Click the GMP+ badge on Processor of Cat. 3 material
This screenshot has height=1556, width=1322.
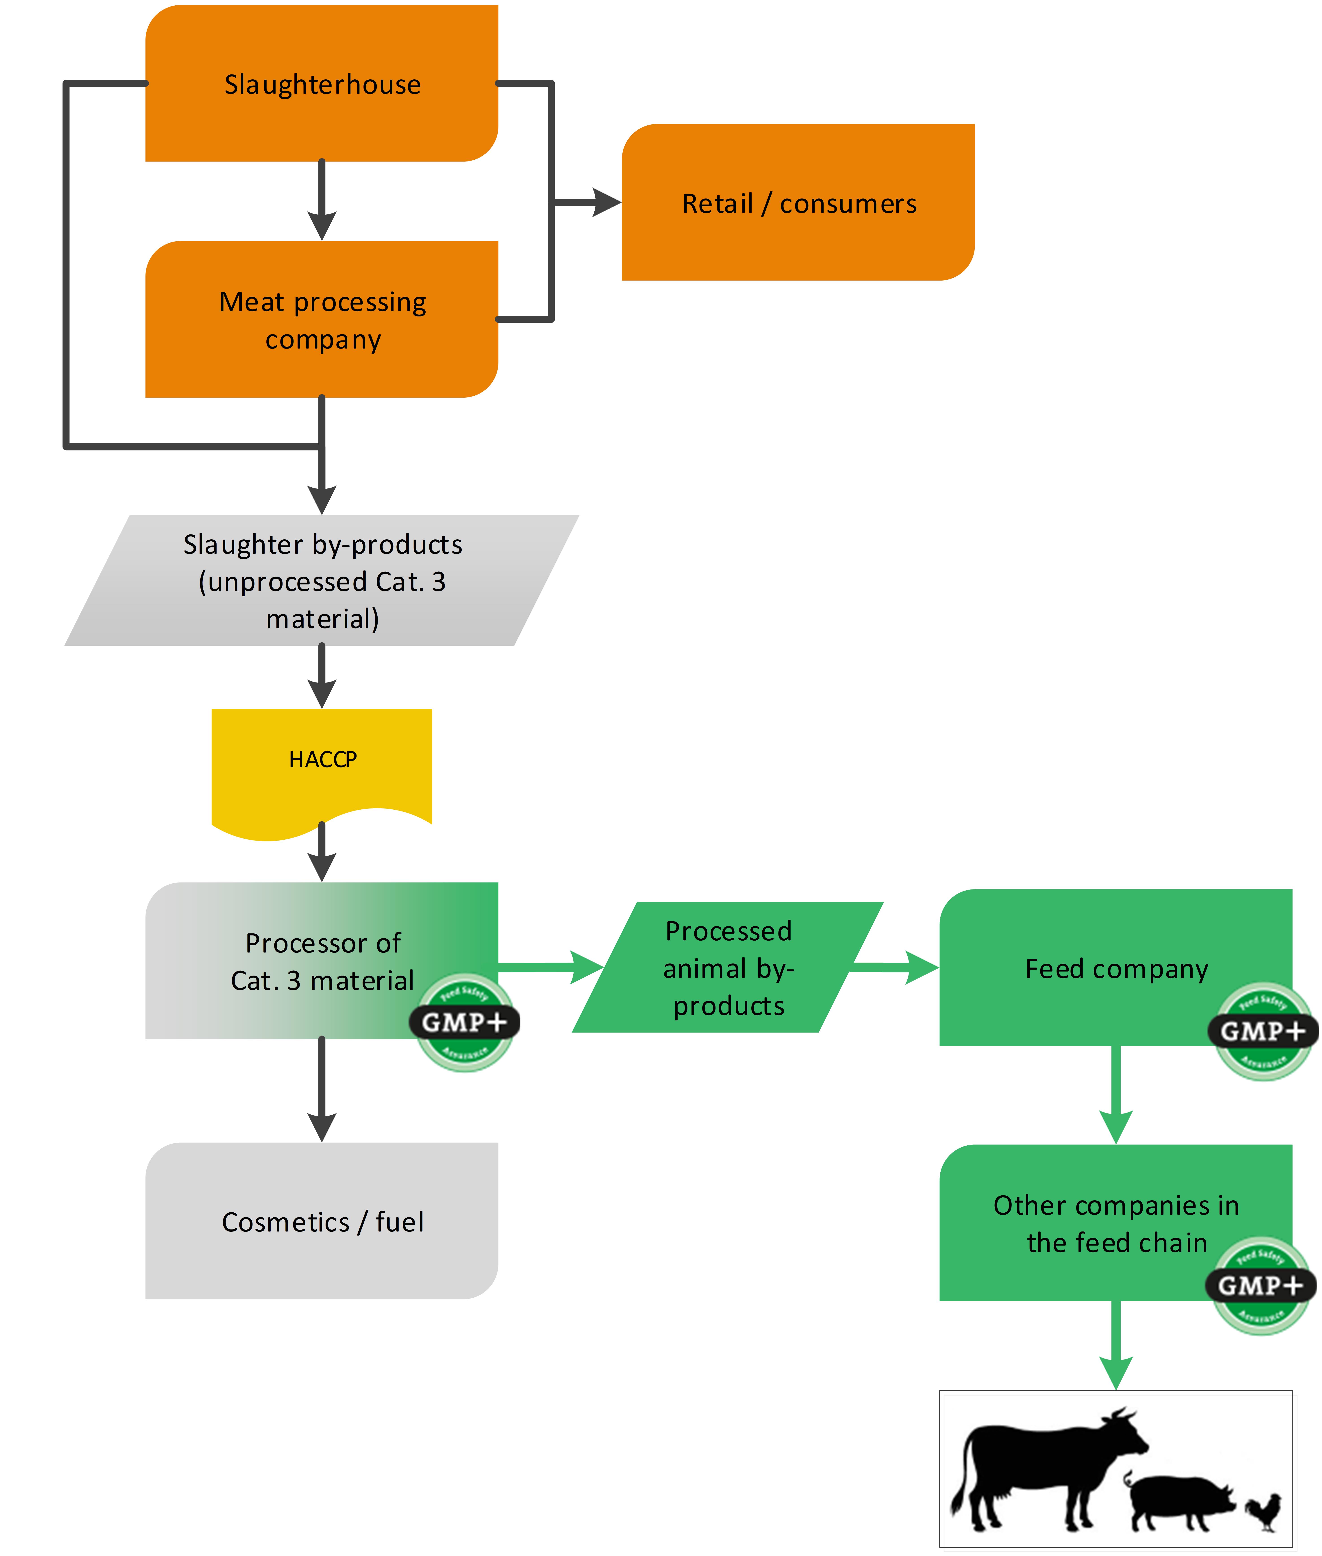(x=465, y=1022)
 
